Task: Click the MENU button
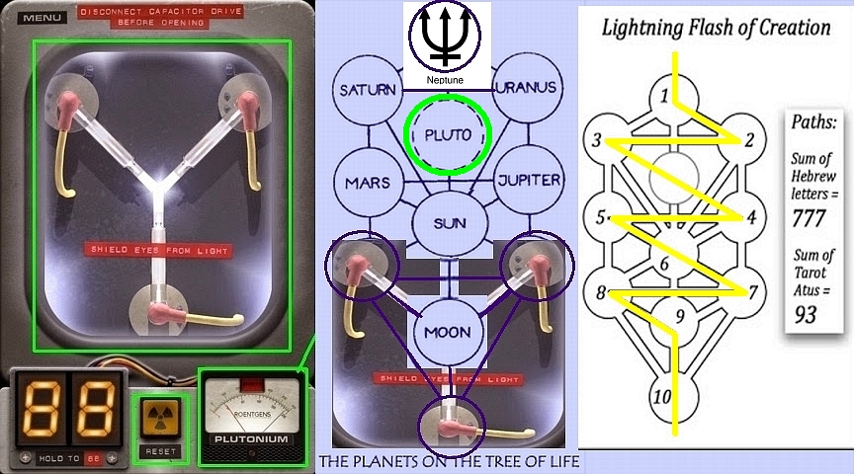click(41, 17)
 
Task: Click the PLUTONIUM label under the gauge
click(251, 438)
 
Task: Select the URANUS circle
click(528, 87)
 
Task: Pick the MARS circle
click(368, 183)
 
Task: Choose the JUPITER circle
click(528, 181)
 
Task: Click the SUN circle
click(449, 223)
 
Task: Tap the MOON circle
click(449, 333)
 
